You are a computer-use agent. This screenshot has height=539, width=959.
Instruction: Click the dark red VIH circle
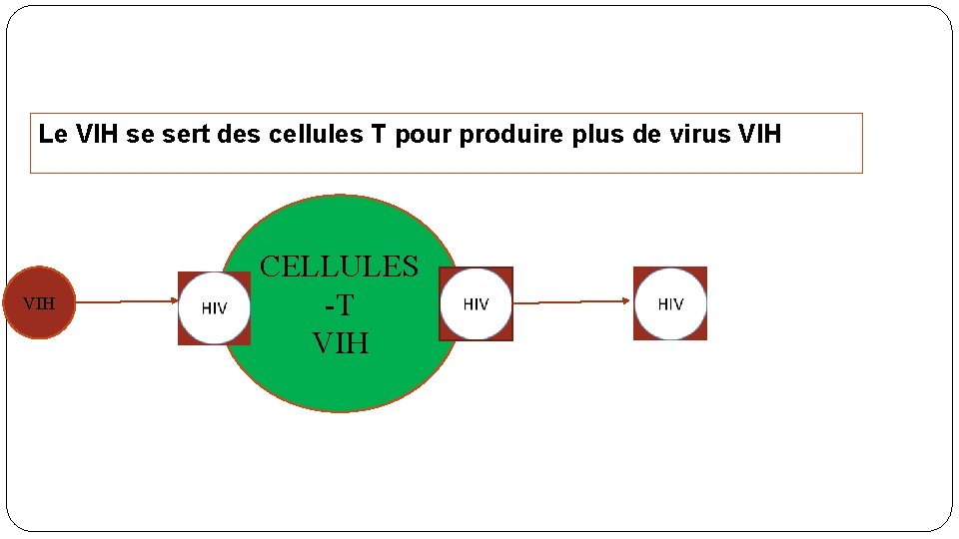coord(39,302)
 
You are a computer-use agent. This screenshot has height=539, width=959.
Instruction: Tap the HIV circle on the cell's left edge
coord(214,307)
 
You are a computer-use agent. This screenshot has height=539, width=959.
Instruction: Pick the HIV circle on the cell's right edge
coord(476,303)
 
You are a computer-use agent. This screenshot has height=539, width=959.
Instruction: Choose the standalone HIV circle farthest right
coord(670,303)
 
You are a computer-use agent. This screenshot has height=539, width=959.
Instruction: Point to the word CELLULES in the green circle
coord(339,267)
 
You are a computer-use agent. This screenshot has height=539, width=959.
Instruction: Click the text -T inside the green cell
coord(340,305)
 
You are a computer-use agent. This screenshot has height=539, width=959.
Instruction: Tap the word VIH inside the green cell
coord(340,343)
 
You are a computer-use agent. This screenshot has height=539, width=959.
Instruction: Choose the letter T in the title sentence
coord(379,134)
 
